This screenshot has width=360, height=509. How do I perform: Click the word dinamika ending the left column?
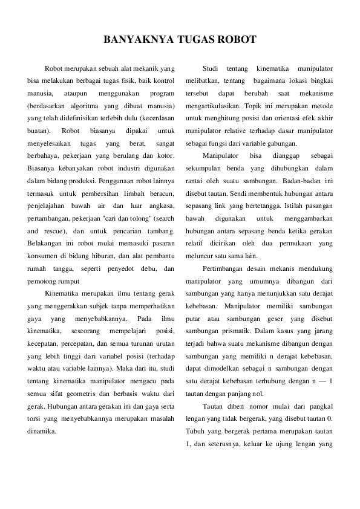click(42, 432)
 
